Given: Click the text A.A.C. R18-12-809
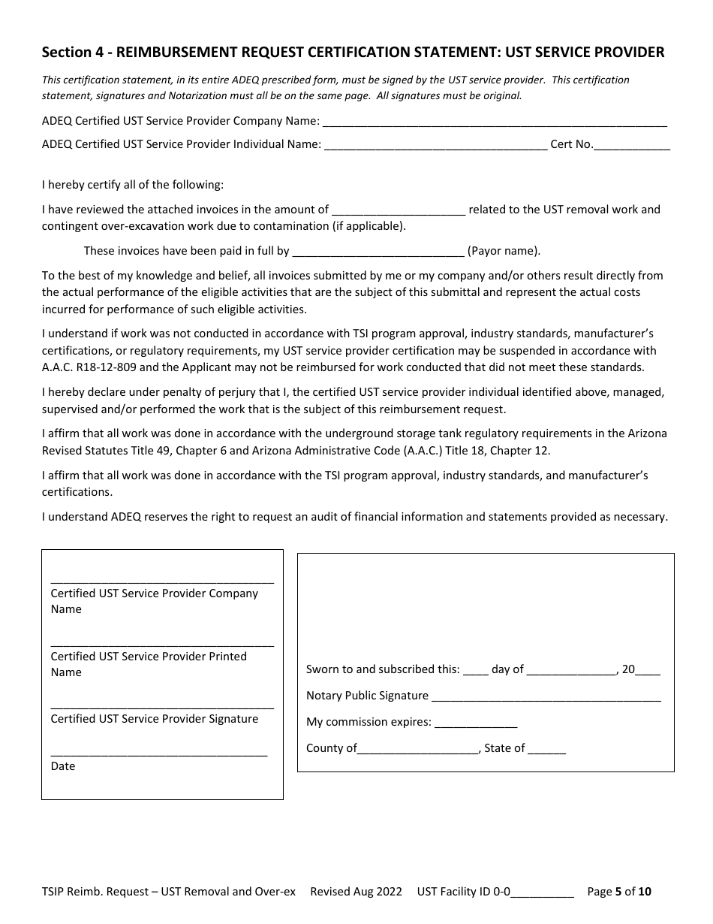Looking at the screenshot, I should [90, 367].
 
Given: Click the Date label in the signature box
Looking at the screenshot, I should [63, 766].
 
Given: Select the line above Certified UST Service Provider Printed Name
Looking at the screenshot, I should [162, 645].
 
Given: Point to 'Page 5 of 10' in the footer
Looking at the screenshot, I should [619, 892].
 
